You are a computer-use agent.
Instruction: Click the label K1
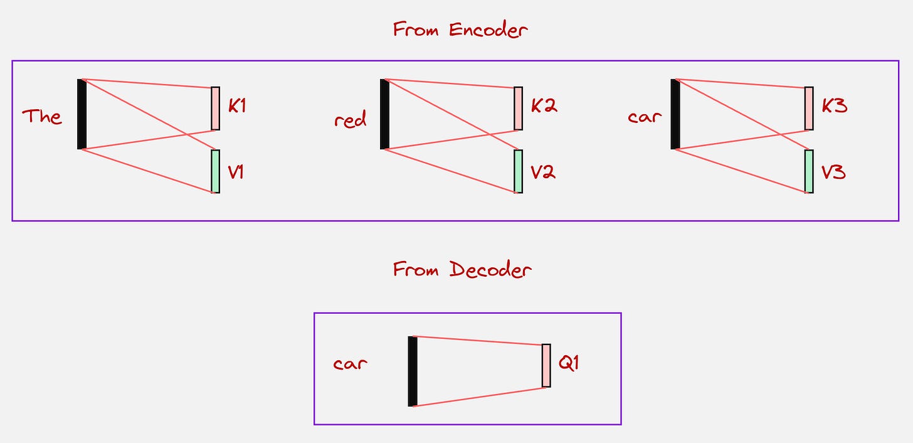pos(237,106)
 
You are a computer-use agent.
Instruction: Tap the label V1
pos(236,172)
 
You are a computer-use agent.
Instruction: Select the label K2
pos(544,106)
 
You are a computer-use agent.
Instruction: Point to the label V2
pos(543,172)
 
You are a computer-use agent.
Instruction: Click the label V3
pos(833,172)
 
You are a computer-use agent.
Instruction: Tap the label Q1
pos(567,363)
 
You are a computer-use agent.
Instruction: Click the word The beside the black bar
pos(42,117)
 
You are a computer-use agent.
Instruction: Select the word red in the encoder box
pos(351,119)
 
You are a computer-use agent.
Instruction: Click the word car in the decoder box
pos(350,363)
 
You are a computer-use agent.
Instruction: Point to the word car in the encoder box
pos(644,117)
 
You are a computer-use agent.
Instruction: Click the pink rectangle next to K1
pos(215,109)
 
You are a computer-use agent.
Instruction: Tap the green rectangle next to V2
pos(518,171)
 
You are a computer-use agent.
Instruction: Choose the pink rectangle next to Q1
pos(546,365)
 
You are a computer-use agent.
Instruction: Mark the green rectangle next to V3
pos(809,171)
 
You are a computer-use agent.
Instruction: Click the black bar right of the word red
pos(384,114)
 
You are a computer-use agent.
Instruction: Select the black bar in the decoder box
pos(412,371)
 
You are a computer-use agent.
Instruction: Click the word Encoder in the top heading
pos(488,29)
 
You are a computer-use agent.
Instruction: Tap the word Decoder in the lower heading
pos(490,270)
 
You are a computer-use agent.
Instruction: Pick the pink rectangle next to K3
pos(809,109)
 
